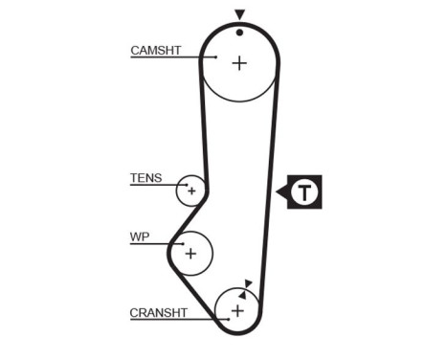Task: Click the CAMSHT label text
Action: [155, 51]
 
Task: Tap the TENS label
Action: [145, 178]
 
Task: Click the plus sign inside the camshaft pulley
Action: [238, 63]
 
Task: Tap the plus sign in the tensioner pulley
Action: [191, 191]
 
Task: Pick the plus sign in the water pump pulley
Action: [190, 253]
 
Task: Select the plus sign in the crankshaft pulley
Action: [237, 311]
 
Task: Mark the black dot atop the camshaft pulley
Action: [239, 32]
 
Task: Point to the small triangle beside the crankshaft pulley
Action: [248, 282]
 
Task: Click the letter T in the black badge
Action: [304, 192]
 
